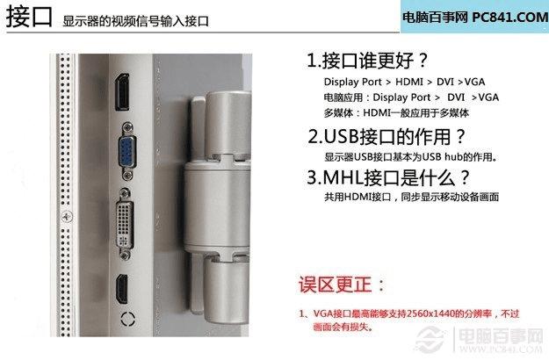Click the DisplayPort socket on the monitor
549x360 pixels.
coord(122,92)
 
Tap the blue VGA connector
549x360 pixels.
coord(127,151)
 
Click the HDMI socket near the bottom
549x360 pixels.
coord(122,289)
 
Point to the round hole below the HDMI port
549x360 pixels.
coord(127,319)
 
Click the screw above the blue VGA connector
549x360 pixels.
coord(127,126)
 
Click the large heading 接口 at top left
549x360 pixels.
coord(29,17)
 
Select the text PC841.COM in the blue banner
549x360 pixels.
coord(509,17)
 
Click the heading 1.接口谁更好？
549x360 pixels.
coord(367,61)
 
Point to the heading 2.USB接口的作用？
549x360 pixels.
coord(386,136)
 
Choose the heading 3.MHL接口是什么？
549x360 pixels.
coord(388,177)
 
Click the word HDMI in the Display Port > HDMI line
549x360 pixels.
coord(409,82)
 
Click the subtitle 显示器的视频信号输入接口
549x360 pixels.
coord(135,21)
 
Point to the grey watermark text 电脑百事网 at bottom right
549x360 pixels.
coord(501,336)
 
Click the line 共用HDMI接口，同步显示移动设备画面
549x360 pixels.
coord(411,197)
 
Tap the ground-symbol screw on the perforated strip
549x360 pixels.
coord(68,217)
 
